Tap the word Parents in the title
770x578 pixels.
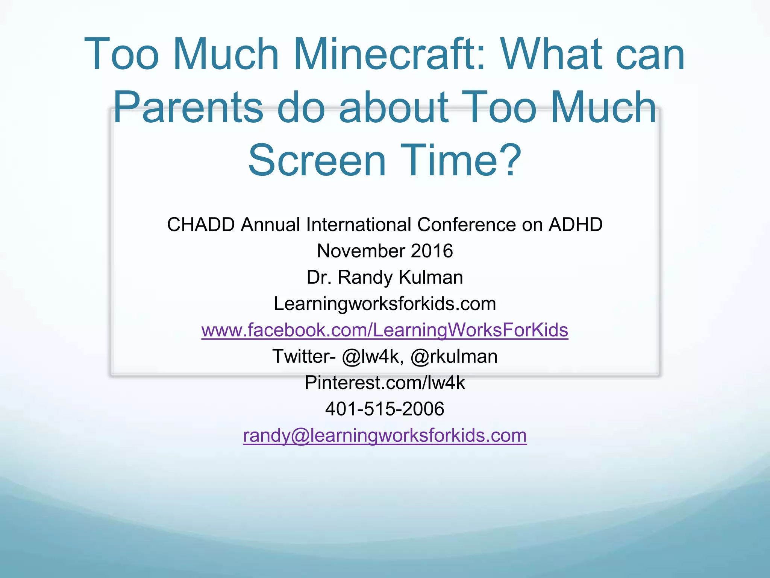[188, 108]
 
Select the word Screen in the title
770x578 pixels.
[317, 161]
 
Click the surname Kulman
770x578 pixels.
[430, 277]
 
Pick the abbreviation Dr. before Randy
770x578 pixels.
[319, 277]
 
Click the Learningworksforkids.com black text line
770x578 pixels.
[385, 304]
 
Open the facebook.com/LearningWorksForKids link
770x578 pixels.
[385, 330]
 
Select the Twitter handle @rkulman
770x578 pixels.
[454, 356]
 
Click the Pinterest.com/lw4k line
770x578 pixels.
[385, 383]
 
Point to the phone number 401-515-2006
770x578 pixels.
[385, 409]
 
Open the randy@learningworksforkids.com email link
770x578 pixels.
[385, 435]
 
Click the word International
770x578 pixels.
[358, 225]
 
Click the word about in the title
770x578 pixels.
[394, 108]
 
